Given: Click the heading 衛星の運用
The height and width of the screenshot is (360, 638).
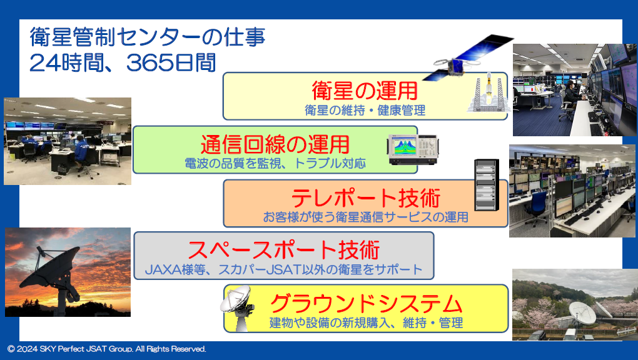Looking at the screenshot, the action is [x=365, y=90].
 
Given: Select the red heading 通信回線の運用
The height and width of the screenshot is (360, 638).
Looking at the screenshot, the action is [x=275, y=144].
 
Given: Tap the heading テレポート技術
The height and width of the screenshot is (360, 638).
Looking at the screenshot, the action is [x=366, y=198].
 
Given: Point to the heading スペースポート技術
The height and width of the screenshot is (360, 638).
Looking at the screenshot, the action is [x=283, y=250].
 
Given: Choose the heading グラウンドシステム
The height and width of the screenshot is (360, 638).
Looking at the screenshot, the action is [x=366, y=304].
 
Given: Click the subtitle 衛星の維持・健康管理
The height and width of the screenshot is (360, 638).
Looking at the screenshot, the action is [x=365, y=110].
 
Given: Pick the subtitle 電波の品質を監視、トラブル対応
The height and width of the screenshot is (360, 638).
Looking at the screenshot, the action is [x=275, y=164].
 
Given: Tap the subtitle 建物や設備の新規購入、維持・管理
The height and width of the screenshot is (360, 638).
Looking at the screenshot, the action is [x=366, y=323].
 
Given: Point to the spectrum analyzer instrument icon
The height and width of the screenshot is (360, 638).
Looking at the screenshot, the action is [x=412, y=150].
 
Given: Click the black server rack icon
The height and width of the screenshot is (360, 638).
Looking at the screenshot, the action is [x=487, y=185].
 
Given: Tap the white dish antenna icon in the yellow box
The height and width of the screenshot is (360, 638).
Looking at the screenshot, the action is [x=238, y=308].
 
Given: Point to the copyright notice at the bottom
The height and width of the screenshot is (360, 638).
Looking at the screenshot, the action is [x=106, y=349].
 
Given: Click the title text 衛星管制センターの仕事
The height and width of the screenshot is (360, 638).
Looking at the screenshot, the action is [x=148, y=37].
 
